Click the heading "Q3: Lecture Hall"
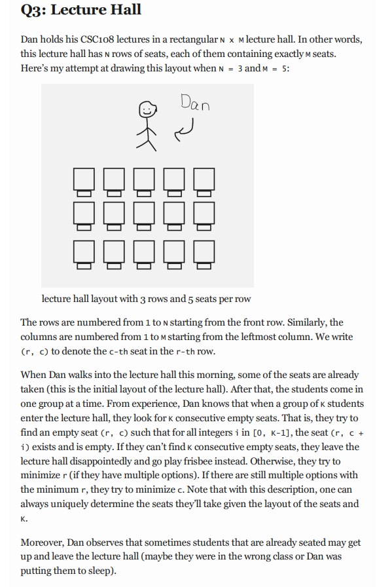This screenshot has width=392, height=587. click(81, 11)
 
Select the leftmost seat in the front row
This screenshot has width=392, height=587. click(83, 180)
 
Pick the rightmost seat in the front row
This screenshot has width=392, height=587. click(205, 180)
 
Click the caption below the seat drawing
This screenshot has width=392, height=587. click(146, 299)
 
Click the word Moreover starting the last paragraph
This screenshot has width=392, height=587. click(45, 543)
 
